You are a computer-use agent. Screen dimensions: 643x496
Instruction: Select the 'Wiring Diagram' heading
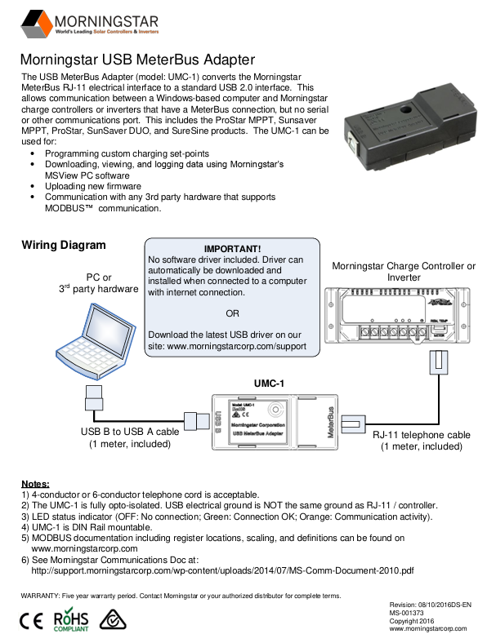tap(64, 245)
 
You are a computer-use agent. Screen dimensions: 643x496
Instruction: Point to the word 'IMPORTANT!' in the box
tap(232, 249)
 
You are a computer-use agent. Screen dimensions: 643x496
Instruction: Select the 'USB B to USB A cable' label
tap(130, 432)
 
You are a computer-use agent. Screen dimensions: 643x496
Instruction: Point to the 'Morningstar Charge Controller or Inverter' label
tap(404, 272)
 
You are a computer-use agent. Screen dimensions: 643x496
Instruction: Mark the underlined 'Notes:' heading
tap(35, 484)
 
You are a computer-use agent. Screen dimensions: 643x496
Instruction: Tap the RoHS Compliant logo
tap(71, 620)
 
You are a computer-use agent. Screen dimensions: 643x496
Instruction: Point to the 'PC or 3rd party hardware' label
tap(98, 283)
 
